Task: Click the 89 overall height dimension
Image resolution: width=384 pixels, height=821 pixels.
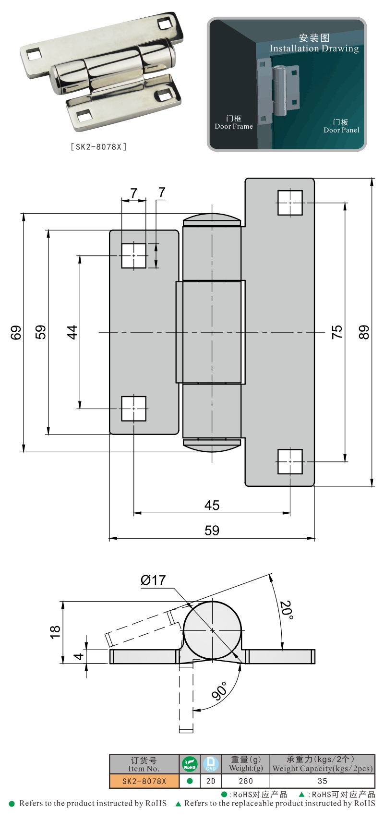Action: click(x=364, y=332)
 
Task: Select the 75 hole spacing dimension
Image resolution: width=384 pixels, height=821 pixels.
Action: click(x=337, y=332)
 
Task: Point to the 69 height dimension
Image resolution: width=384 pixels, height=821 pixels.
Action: click(x=16, y=332)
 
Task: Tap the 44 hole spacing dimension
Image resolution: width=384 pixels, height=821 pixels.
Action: click(x=72, y=332)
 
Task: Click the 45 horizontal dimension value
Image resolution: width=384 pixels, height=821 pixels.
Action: click(x=212, y=505)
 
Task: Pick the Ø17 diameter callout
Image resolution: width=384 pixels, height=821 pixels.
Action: click(x=153, y=580)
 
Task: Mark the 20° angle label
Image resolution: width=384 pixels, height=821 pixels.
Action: click(x=287, y=610)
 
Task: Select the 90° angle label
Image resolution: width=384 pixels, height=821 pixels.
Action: click(x=219, y=691)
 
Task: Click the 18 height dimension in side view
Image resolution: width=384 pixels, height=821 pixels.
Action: click(x=55, y=631)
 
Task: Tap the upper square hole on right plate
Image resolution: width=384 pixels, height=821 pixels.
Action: click(x=290, y=203)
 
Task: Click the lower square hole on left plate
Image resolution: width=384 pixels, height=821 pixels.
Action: click(x=133, y=409)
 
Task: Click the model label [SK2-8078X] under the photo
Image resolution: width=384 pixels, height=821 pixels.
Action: click(x=99, y=147)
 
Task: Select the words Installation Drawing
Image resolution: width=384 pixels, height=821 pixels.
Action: click(x=314, y=48)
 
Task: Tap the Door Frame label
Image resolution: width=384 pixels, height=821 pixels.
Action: click(x=234, y=126)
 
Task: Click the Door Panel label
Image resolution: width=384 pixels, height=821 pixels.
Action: click(x=341, y=130)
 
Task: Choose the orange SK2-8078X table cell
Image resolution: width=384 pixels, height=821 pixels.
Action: click(x=144, y=781)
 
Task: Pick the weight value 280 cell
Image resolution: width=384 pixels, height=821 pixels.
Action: click(x=246, y=781)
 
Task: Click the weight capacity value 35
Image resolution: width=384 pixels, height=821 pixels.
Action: click(x=323, y=781)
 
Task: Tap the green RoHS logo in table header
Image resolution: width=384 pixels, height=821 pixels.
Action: click(x=190, y=764)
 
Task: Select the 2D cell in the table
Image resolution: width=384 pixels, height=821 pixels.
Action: click(x=211, y=781)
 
